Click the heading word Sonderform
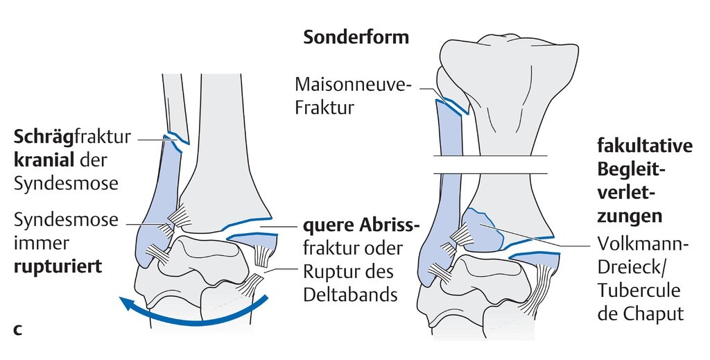356,37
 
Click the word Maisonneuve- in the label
353,85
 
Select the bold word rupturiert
58,266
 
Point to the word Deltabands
350,295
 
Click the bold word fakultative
645,146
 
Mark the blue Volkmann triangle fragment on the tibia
483,230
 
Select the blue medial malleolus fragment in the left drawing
253,240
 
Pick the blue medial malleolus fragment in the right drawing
534,259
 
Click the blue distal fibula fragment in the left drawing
156,208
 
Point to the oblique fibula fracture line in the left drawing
176,138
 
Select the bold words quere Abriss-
361,226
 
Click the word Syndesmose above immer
66,221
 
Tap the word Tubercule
639,290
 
